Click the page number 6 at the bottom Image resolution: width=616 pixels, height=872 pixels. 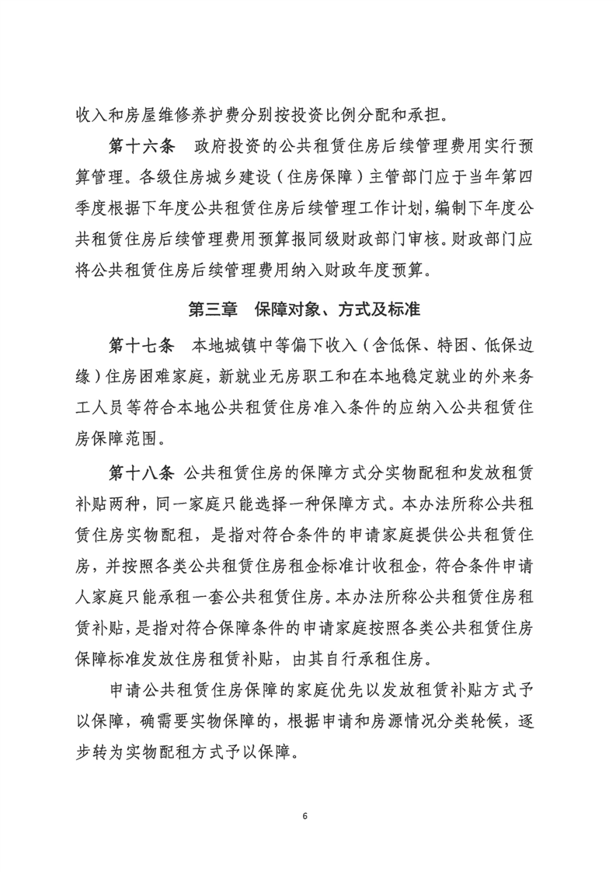tap(308, 816)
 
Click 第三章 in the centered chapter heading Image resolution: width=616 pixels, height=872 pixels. tap(214, 309)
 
